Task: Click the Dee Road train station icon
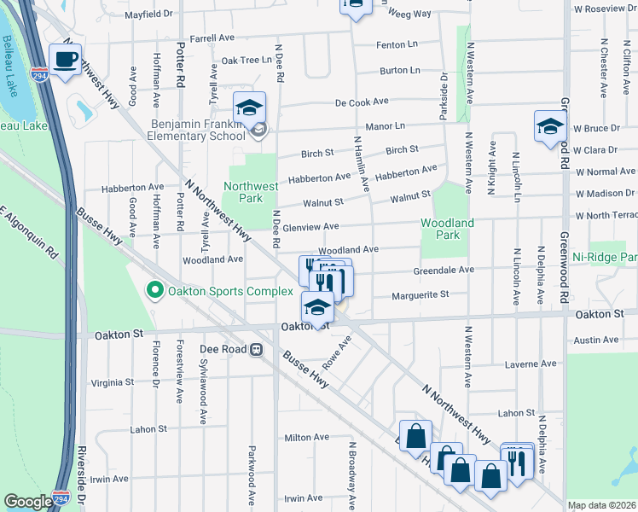[256, 350]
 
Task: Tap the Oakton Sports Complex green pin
[154, 292]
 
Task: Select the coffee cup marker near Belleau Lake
[65, 61]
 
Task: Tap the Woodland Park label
[446, 228]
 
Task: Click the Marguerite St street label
[420, 296]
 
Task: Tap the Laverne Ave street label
[531, 364]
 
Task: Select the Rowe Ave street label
[337, 349]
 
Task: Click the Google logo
[28, 502]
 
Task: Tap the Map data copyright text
[602, 506]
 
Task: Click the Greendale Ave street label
[444, 270]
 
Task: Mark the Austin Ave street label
[597, 340]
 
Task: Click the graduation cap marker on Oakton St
[317, 308]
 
